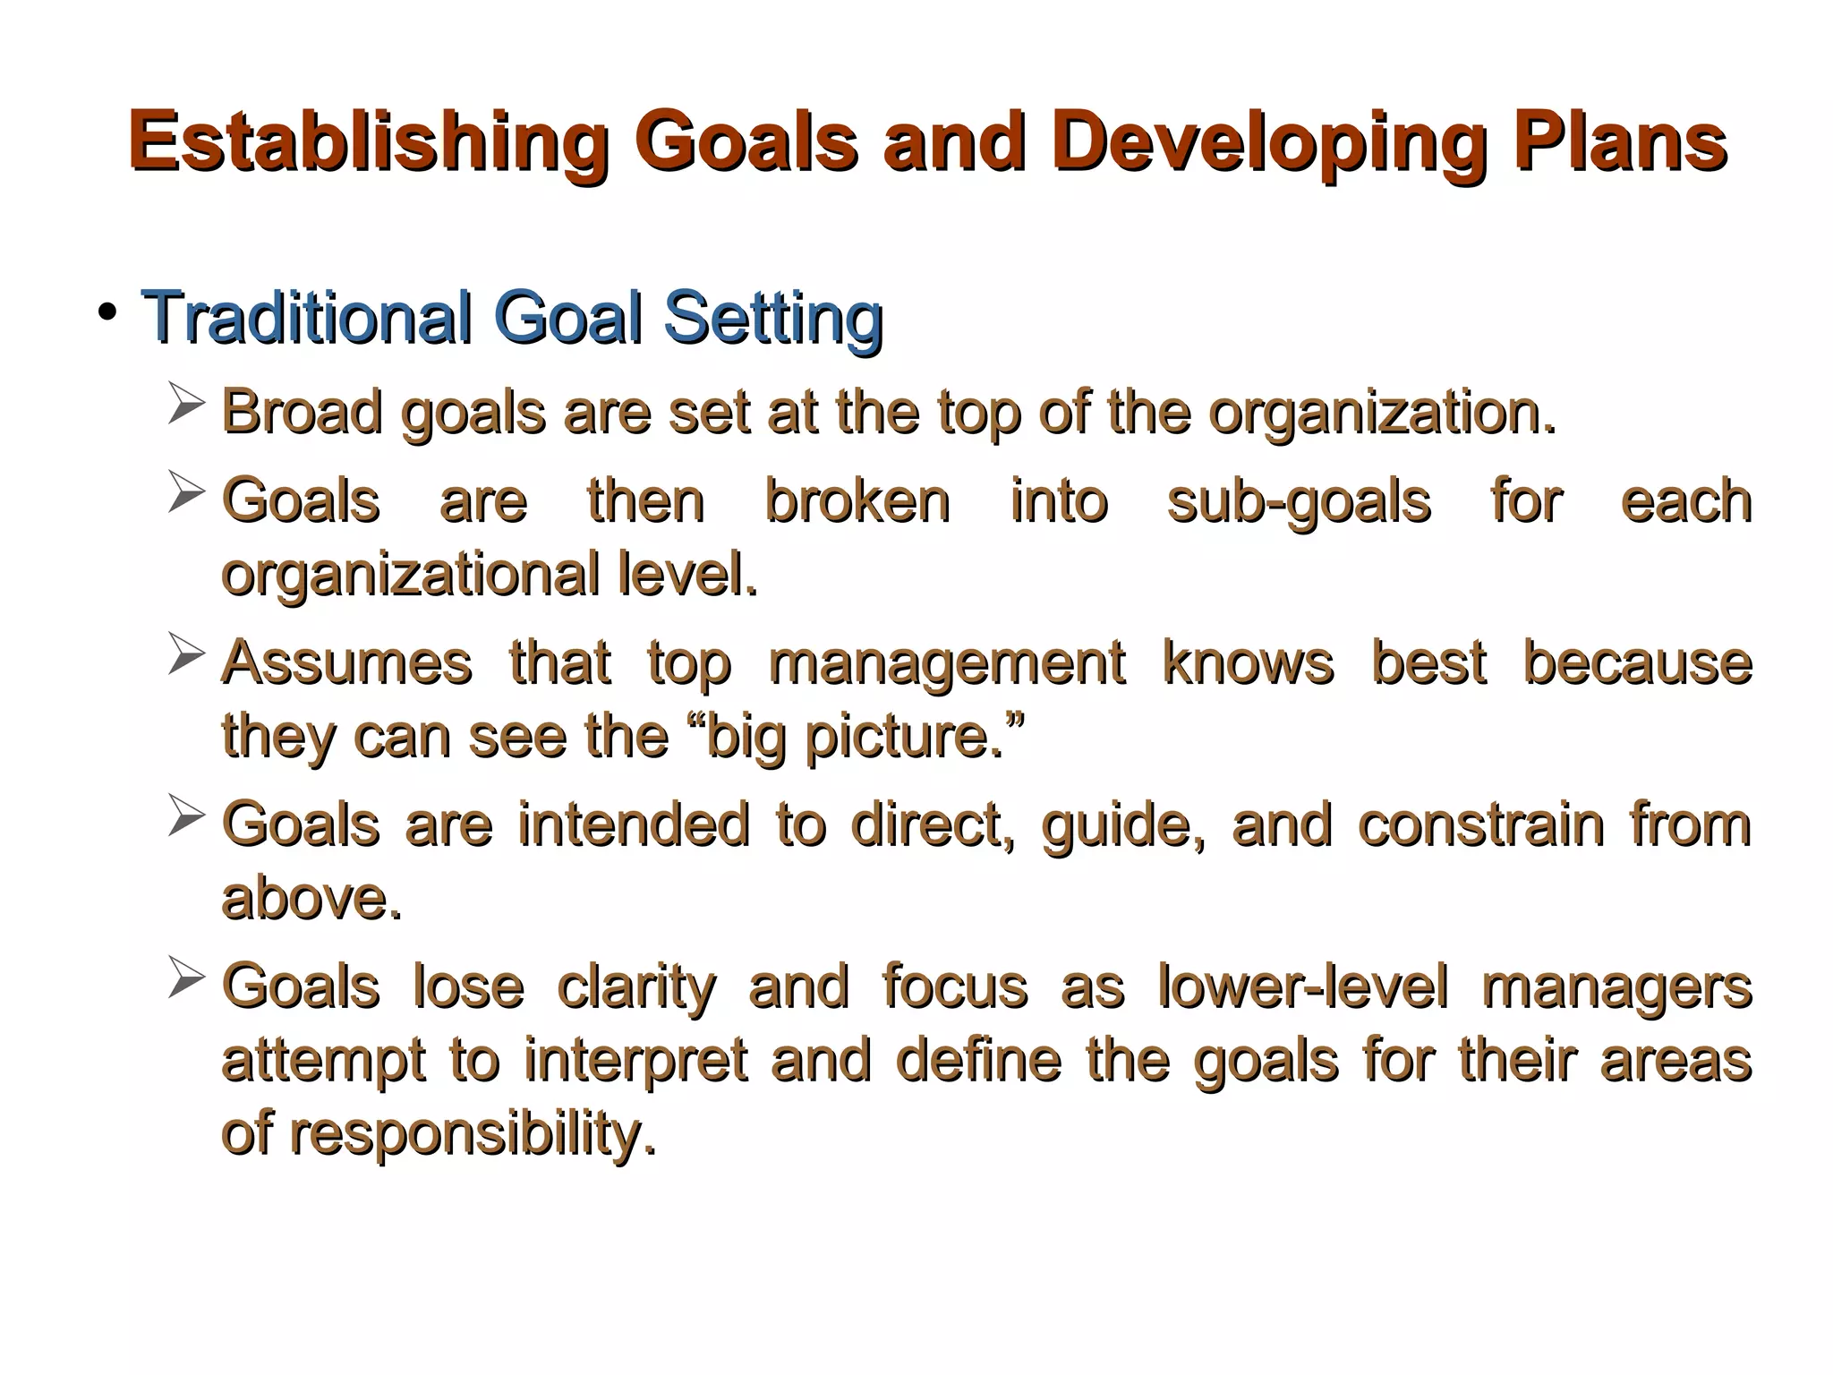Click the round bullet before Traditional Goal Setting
108,312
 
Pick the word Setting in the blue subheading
773,319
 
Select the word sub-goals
1299,501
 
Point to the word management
946,664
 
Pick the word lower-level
1302,986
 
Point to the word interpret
635,1061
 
